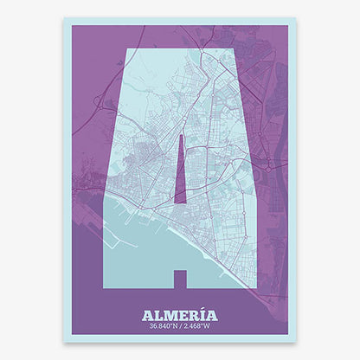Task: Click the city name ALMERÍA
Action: click(180, 315)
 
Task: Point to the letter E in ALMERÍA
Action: click(181, 315)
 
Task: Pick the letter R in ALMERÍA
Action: click(192, 315)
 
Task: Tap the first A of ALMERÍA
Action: click(146, 315)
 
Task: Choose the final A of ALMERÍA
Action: click(212, 315)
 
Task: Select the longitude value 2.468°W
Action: click(199, 327)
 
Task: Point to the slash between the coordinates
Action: click(180, 327)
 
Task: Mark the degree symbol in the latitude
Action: click(170, 325)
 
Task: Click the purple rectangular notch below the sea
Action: click(180, 279)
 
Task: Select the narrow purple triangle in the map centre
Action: click(180, 177)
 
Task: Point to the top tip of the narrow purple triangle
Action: click(181, 136)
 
